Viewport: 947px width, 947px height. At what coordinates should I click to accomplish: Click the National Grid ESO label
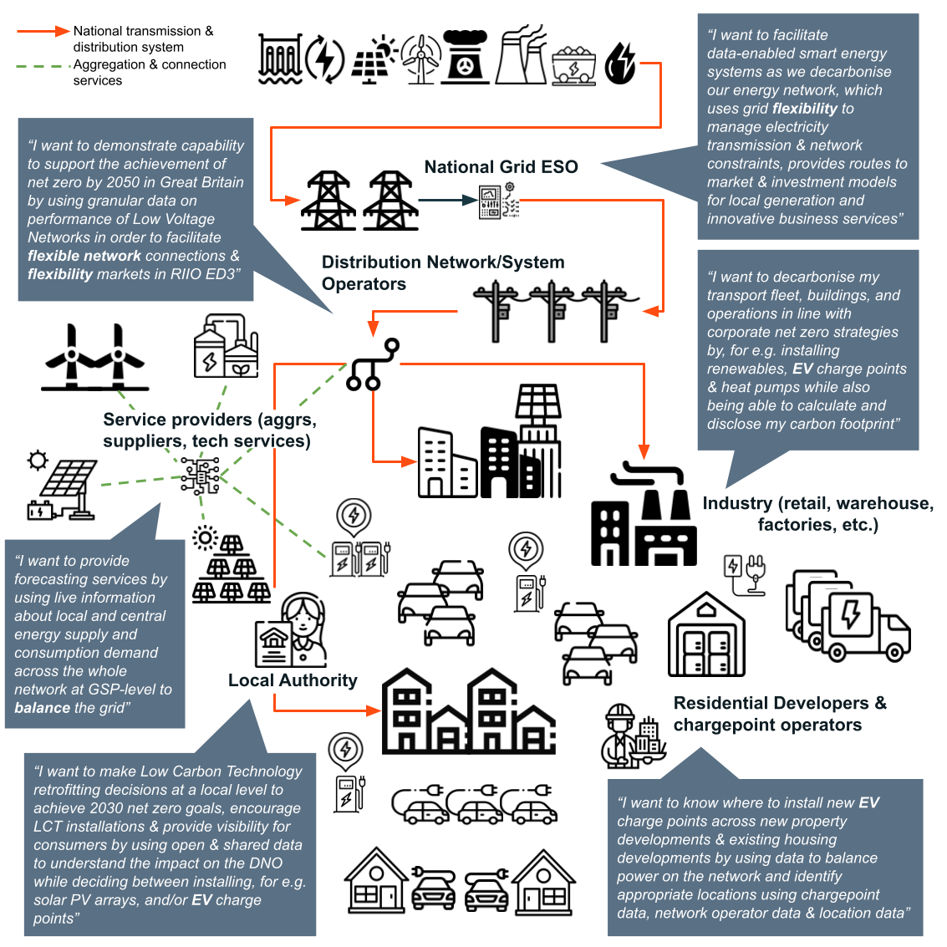pos(501,166)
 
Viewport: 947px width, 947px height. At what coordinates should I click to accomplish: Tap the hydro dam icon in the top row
pos(279,59)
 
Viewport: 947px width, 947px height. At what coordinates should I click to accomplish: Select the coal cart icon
pos(573,64)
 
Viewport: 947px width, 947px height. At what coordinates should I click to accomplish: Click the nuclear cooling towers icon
pos(520,56)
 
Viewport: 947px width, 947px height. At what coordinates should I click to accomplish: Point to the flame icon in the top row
pos(620,63)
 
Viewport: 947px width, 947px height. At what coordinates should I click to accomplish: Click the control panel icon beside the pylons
pos(499,201)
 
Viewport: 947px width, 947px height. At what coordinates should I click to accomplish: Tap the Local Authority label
pos(293,680)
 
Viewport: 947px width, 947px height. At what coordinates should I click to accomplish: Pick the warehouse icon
pos(706,635)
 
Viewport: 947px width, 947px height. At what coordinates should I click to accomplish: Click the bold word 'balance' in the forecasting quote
pos(42,708)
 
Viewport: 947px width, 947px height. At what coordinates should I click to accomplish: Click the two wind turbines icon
pos(94,359)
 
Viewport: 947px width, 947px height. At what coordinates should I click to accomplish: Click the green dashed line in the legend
pos(43,65)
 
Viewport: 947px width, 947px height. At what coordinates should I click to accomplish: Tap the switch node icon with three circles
pos(373,365)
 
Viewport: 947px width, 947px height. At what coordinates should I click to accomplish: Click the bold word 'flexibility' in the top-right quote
pos(805,109)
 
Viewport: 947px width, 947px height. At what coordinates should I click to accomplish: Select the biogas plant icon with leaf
pos(225,347)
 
